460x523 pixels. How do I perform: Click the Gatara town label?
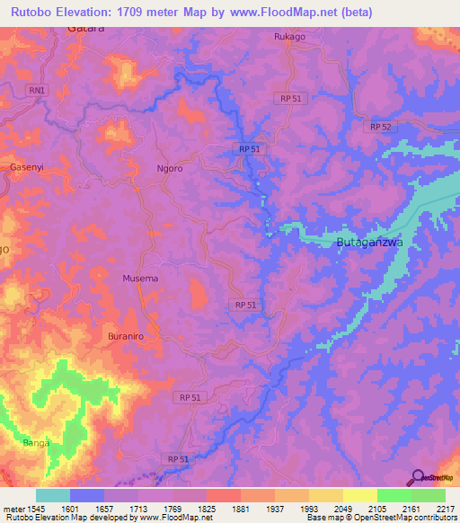tap(86, 29)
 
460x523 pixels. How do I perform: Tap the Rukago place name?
tap(290, 38)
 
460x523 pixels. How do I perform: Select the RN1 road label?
tap(36, 90)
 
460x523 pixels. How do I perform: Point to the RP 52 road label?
tap(381, 128)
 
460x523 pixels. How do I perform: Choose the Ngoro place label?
tap(170, 168)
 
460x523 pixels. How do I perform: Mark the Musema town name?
tap(140, 279)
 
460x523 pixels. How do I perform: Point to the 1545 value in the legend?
tap(35, 508)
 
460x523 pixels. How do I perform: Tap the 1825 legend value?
tap(207, 508)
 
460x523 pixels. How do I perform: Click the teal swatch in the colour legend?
tap(53, 495)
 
